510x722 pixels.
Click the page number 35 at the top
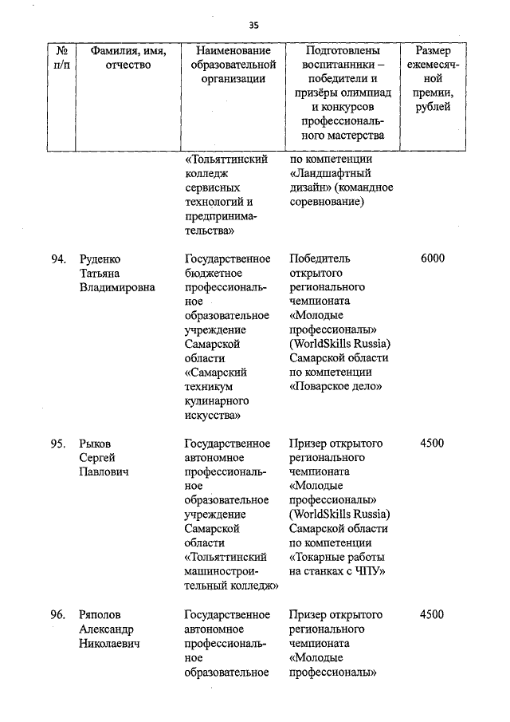tap(254, 25)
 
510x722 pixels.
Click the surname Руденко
tap(100, 258)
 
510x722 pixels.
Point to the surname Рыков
tap(96, 444)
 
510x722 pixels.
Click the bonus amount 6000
tap(432, 258)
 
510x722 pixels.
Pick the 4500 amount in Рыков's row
tap(432, 444)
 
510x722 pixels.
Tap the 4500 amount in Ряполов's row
tap(432, 614)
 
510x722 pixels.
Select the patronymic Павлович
tap(104, 472)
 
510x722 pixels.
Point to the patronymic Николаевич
tap(109, 643)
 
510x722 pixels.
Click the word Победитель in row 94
tap(320, 258)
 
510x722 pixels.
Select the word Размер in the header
tap(433, 51)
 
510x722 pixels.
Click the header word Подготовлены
tap(343, 51)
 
